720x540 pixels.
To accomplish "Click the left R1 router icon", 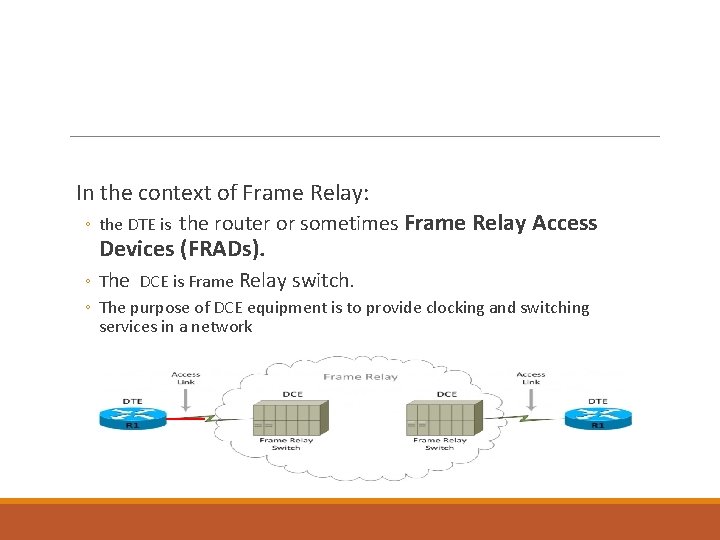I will click(x=131, y=419).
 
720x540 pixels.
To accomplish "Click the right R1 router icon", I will click(x=597, y=419).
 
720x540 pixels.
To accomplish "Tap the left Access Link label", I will click(x=186, y=378).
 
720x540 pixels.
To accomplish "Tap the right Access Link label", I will click(x=531, y=378).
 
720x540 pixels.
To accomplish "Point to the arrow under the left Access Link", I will click(x=186, y=398).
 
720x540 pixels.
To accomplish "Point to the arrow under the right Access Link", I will click(x=531, y=398).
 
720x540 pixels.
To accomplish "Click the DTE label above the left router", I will click(x=132, y=401).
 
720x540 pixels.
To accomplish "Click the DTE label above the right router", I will click(x=597, y=401).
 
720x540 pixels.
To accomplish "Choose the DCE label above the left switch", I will click(x=292, y=394).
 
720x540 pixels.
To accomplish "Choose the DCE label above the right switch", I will click(x=446, y=394).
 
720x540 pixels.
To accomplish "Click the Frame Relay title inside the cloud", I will click(x=360, y=377).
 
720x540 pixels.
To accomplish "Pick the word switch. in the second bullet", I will click(x=323, y=280).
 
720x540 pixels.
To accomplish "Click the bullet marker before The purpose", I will click(x=89, y=308).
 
